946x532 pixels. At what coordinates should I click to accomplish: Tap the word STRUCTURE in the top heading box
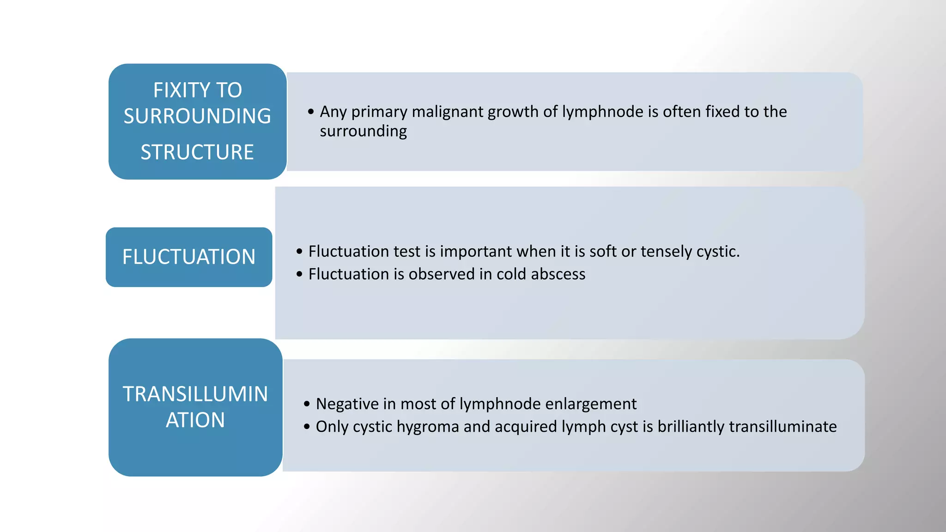coord(197,152)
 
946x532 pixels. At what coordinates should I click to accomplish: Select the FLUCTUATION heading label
coord(188,257)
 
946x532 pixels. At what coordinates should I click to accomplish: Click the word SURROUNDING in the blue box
coord(197,116)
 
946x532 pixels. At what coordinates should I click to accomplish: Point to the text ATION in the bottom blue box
coord(195,420)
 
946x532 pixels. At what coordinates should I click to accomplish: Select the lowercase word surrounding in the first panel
coord(363,131)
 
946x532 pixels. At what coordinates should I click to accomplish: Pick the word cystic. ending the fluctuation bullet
coord(718,252)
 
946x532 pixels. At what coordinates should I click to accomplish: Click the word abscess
coord(558,274)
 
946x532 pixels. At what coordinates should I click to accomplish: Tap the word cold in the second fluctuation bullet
coord(511,274)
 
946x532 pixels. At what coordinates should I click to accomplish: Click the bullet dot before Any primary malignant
coord(311,112)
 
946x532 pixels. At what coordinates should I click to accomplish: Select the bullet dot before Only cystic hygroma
coord(307,427)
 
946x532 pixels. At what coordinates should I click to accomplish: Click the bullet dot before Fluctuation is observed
coord(299,274)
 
